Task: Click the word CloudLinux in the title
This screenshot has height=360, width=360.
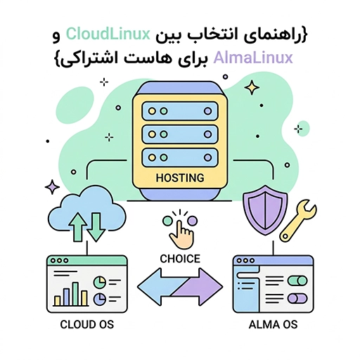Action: point(108,34)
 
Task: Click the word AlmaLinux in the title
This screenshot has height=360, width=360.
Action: point(253,58)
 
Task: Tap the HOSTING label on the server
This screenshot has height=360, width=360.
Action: point(180,178)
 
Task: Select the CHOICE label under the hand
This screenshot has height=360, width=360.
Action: point(180,259)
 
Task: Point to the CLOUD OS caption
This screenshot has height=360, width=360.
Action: point(87,325)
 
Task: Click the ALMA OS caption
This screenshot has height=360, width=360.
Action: point(273,325)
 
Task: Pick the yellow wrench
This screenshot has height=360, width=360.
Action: point(298,221)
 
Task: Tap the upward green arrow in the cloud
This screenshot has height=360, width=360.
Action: point(77,227)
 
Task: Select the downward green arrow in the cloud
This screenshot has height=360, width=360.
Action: point(96,227)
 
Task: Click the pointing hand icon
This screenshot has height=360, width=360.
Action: point(181,233)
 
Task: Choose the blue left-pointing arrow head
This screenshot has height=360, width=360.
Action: point(150,287)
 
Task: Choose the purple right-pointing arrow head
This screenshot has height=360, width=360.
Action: point(210,287)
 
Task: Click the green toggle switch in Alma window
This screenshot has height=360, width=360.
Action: point(297,281)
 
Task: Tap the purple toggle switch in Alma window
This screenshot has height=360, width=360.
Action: point(297,299)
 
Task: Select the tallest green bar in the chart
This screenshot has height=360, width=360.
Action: point(75,294)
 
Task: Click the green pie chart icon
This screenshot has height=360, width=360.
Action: point(100,282)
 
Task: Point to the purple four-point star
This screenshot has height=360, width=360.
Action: point(52,187)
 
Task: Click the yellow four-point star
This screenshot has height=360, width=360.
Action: point(252,88)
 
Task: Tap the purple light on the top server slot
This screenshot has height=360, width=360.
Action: point(207,111)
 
